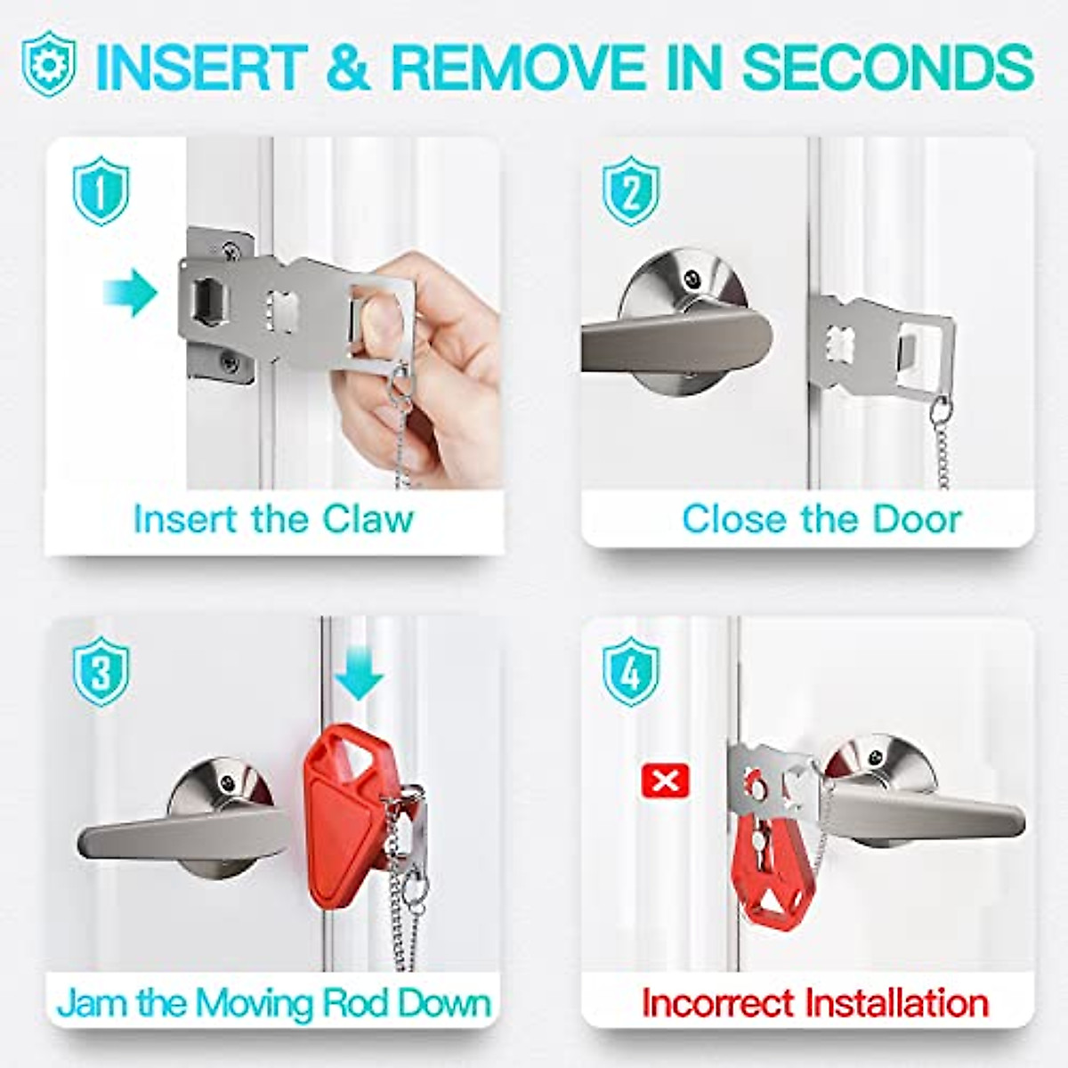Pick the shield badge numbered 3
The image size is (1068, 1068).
pos(101,673)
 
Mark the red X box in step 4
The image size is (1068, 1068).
pos(665,782)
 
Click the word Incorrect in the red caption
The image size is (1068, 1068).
pos(717,1002)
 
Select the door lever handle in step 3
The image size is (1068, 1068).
pos(178,837)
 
